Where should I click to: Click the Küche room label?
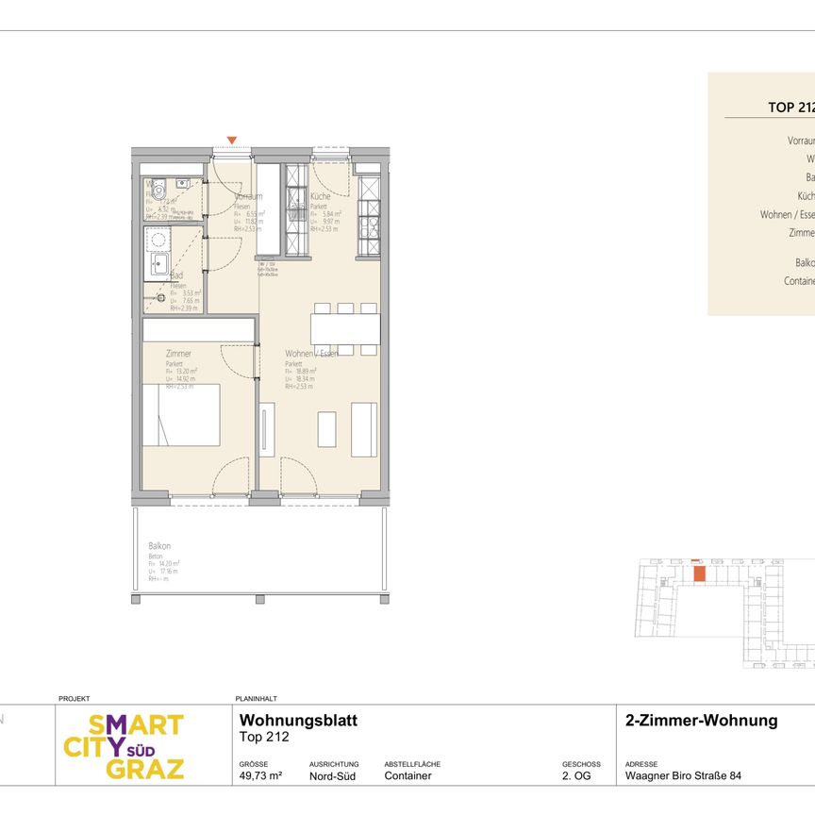point(321,196)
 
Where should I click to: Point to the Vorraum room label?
point(248,196)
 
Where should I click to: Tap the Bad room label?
point(176,275)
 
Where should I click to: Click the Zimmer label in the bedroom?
point(178,354)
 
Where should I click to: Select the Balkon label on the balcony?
point(158,546)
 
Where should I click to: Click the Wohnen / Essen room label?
point(311,354)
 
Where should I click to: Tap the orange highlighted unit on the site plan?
point(699,573)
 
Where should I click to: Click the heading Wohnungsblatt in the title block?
point(292,721)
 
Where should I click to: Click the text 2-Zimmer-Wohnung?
point(701,721)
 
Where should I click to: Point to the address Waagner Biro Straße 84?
point(683,776)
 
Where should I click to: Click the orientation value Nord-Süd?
point(332,776)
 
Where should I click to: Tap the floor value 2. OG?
point(575,776)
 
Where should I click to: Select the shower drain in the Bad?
point(148,299)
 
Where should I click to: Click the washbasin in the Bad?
point(157,265)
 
